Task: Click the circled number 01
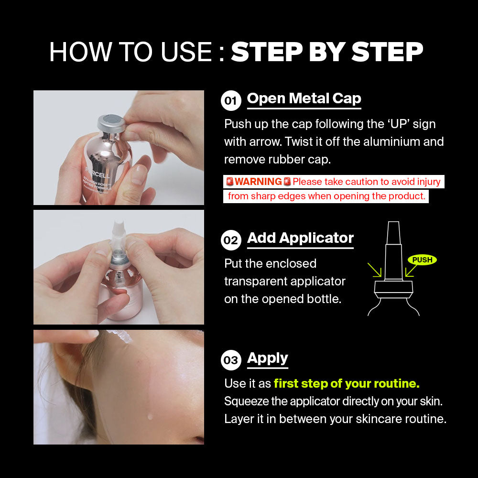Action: (x=231, y=100)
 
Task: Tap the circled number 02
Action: (x=231, y=240)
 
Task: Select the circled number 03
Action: (x=231, y=360)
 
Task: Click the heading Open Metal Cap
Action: (x=304, y=99)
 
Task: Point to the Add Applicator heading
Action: (x=300, y=239)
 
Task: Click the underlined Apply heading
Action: (x=267, y=358)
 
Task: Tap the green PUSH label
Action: (x=422, y=260)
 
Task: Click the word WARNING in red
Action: (x=258, y=182)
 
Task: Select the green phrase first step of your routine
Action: (x=347, y=383)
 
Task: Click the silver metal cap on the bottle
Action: (x=111, y=123)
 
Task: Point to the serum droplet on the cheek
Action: (x=150, y=416)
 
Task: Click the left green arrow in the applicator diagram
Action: (x=374, y=270)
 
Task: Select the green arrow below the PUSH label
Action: (x=411, y=271)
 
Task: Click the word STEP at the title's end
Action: (x=387, y=52)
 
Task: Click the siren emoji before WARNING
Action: (x=230, y=182)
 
